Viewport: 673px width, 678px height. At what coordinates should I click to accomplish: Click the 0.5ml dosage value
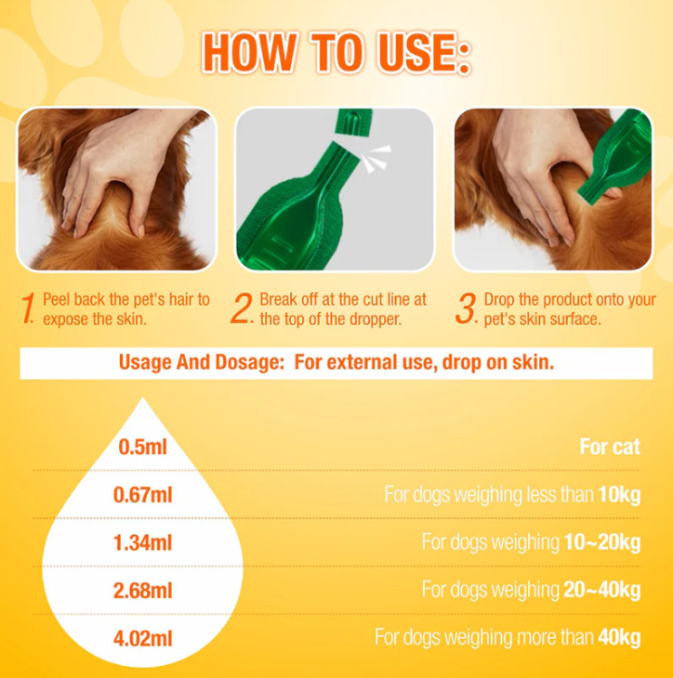pos(142,447)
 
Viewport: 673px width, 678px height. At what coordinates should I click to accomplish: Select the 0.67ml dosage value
pos(142,495)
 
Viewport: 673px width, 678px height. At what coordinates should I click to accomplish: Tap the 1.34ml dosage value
pos(142,542)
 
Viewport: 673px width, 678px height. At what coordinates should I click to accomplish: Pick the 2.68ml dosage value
pos(142,591)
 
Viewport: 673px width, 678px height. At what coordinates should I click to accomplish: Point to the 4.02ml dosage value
pos(142,639)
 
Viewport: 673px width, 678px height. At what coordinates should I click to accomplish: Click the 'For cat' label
pos(610,447)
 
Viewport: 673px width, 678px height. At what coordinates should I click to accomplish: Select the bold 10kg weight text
pos(619,495)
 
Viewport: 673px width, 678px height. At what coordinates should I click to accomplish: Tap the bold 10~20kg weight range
pos(602,542)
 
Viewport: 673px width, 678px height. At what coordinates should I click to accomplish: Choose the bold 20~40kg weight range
pos(602,590)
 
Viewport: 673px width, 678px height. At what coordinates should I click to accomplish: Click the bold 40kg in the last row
pos(619,638)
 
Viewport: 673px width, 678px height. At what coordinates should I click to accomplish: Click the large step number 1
pos(28,307)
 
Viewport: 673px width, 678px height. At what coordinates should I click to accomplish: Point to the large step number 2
pos(242,307)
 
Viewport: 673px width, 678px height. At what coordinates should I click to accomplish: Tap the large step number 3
pos(466,307)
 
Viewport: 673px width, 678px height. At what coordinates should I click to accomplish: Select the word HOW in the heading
pos(250,53)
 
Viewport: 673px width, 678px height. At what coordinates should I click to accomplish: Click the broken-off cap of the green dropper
pos(354,122)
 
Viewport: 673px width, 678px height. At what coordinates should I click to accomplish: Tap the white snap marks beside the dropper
pos(376,159)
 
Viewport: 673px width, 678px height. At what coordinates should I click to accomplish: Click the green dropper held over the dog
pos(614,159)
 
